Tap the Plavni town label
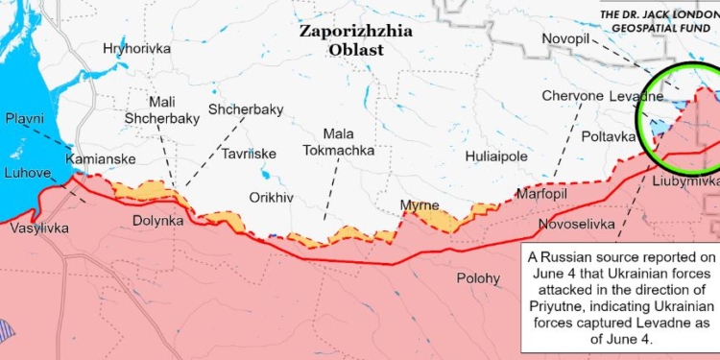[x=25, y=118]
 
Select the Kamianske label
[x=101, y=158]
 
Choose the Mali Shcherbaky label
[x=161, y=110]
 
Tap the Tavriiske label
[x=249, y=154]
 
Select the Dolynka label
[x=158, y=221]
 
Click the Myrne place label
[x=420, y=205]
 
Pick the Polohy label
[x=478, y=278]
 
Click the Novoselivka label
[x=577, y=224]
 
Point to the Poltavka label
[x=611, y=137]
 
